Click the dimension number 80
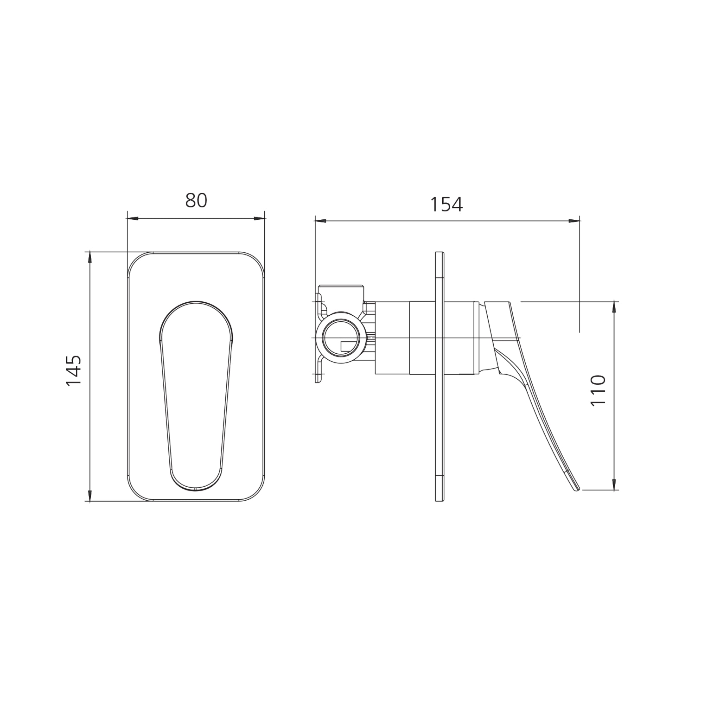[196, 200]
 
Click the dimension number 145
[73, 371]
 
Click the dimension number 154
[446, 205]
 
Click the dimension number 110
[598, 391]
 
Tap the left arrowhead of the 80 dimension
[133, 219]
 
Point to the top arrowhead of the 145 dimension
[89, 257]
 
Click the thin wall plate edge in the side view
[440, 377]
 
